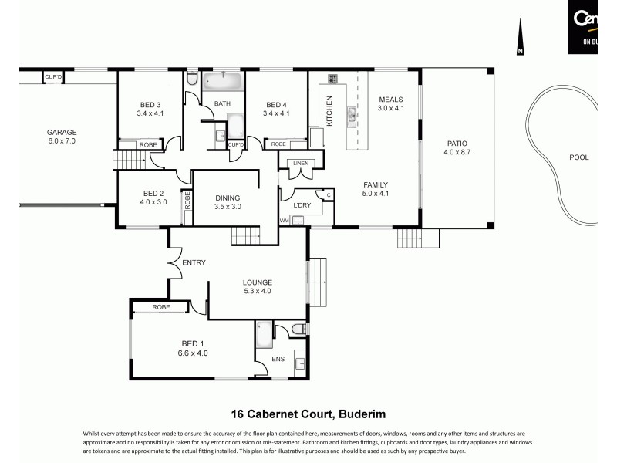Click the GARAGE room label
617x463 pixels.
click(62, 132)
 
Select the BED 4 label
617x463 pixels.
click(276, 105)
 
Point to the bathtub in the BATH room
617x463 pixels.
click(222, 80)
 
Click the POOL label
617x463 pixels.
click(578, 157)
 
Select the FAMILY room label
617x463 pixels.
click(376, 184)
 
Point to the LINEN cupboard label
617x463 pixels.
click(299, 163)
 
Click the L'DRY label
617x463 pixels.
click(301, 204)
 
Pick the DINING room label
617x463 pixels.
click(228, 198)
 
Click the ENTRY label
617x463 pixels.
click(194, 263)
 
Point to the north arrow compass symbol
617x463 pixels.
click(521, 39)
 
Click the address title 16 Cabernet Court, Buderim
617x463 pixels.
click(308, 412)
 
